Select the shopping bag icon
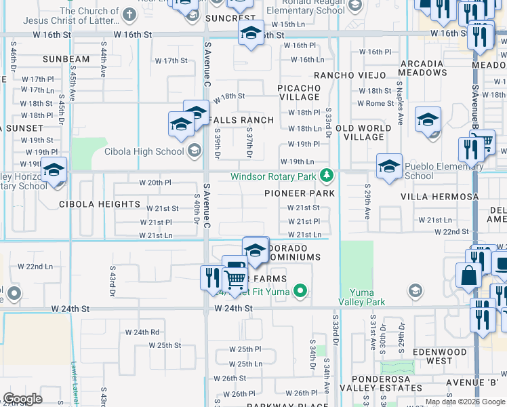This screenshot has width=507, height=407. (x=468, y=276)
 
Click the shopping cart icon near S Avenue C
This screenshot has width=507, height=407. (x=235, y=279)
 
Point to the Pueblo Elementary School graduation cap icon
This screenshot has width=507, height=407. (x=390, y=166)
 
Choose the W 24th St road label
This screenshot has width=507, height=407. (x=233, y=308)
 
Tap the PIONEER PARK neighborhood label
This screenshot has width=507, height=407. (x=300, y=193)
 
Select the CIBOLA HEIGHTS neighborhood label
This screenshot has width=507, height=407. (x=100, y=204)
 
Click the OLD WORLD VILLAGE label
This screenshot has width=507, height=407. (x=363, y=132)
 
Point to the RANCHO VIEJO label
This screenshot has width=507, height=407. (x=349, y=75)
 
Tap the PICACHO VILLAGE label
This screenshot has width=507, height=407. (x=299, y=92)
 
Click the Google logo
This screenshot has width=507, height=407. (x=22, y=399)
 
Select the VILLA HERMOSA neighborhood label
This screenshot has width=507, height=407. (x=440, y=197)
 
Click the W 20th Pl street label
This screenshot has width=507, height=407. (x=155, y=182)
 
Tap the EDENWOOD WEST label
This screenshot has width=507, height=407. (x=440, y=356)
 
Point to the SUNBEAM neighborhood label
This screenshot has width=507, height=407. (x=66, y=59)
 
